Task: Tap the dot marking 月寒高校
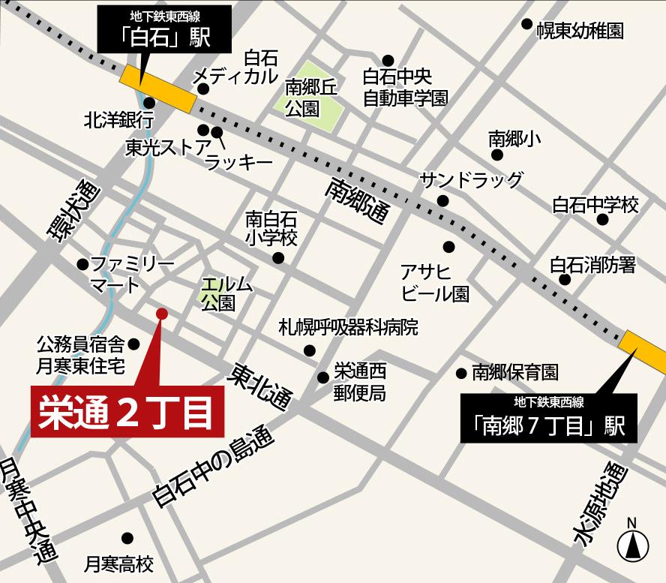(x=127, y=537)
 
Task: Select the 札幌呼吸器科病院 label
(x=348, y=327)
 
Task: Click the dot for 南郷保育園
(x=461, y=373)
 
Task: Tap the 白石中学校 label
(x=595, y=204)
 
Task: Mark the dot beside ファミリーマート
(x=82, y=264)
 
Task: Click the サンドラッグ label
(x=470, y=180)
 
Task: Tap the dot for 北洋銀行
(x=149, y=103)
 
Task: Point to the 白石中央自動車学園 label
(x=406, y=87)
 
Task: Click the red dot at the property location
(x=160, y=313)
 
